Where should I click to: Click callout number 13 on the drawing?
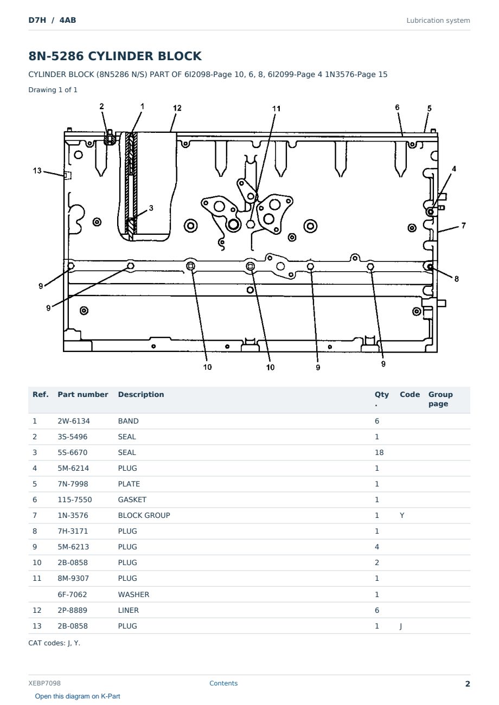[x=37, y=171]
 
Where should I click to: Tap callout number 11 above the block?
[x=276, y=108]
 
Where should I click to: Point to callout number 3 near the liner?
[x=151, y=208]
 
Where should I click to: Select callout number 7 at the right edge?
[x=463, y=226]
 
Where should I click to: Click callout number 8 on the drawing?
[x=456, y=279]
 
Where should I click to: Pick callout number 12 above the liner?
[x=177, y=108]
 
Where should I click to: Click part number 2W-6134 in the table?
[x=74, y=421]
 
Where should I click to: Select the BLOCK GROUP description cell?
[x=144, y=515]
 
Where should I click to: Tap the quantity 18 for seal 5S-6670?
[x=379, y=452]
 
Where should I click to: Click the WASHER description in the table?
[x=133, y=594]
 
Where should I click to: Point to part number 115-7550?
[x=75, y=499]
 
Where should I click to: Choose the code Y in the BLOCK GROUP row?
[x=402, y=515]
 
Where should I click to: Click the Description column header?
[x=141, y=394]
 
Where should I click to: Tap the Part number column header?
[x=83, y=394]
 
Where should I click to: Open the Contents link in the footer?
[x=223, y=683]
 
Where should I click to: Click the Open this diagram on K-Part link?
[x=78, y=696]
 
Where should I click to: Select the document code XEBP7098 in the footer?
[x=44, y=683]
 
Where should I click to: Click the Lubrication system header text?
[x=438, y=21]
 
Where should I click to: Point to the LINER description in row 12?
[x=128, y=610]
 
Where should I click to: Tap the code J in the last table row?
[x=401, y=626]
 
